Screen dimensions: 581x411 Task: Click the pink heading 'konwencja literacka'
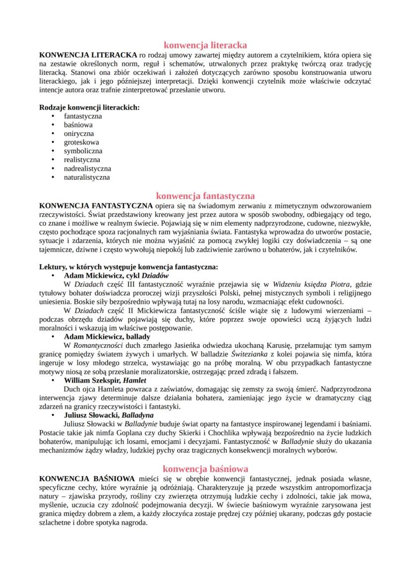(205, 45)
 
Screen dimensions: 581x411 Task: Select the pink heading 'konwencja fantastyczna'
(205, 195)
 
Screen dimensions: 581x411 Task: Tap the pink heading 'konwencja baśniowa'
(205, 468)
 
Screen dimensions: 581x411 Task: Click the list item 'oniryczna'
(78, 133)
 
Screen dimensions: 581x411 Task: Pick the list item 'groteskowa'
(81, 142)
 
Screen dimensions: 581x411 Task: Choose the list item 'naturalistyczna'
(87, 177)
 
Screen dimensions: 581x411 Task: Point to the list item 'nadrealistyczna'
(87, 169)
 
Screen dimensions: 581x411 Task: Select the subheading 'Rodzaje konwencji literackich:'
(89, 107)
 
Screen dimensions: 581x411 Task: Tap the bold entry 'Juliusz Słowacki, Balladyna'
(109, 415)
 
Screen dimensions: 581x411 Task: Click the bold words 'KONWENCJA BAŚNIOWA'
(87, 478)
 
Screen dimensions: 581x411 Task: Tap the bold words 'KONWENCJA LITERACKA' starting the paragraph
(88, 55)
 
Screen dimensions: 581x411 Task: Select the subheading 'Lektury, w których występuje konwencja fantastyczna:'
(128, 266)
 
